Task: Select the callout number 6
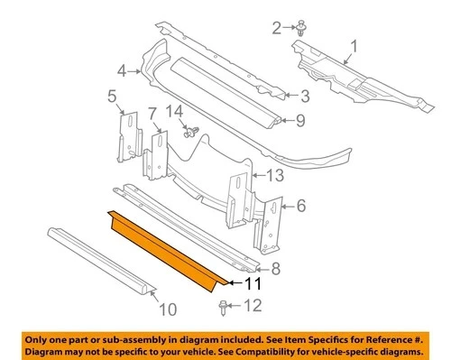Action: (300, 205)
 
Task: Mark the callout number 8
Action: (277, 267)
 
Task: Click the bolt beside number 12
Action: (223, 306)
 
